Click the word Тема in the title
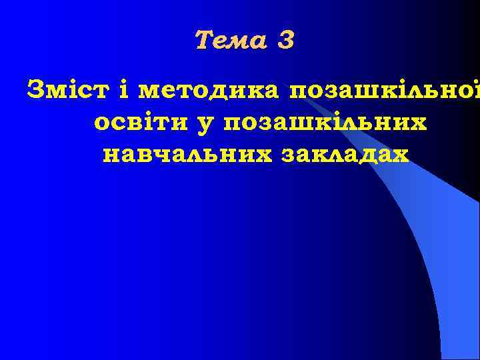228,41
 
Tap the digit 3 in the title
285,41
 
